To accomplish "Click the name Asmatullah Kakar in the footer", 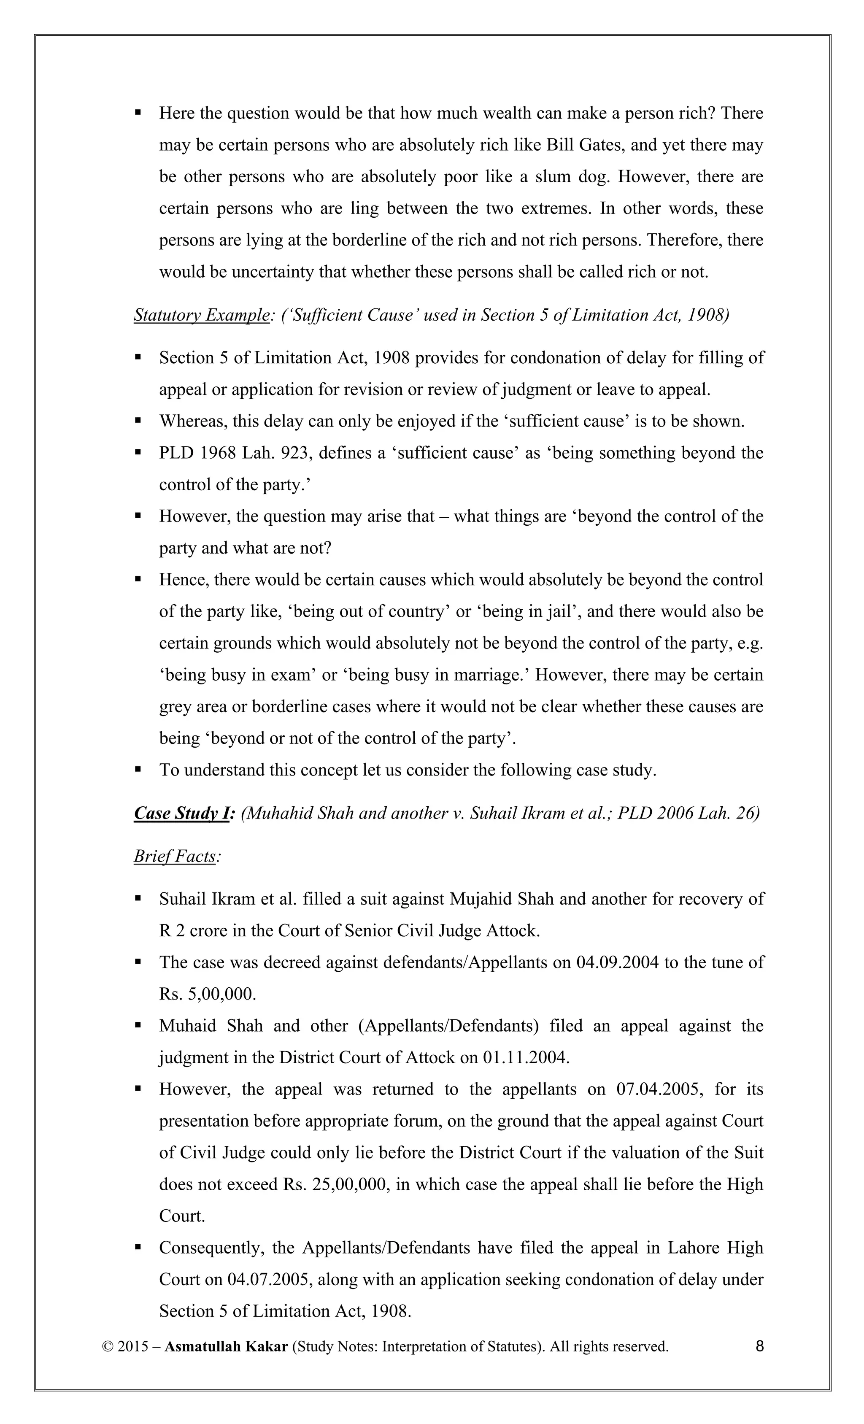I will [226, 1347].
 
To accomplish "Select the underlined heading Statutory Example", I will [201, 316].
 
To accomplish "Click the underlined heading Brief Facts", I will [175, 857].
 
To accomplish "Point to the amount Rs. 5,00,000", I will [207, 994].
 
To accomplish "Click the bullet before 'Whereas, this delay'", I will [138, 421].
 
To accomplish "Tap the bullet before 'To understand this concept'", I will [138, 770].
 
